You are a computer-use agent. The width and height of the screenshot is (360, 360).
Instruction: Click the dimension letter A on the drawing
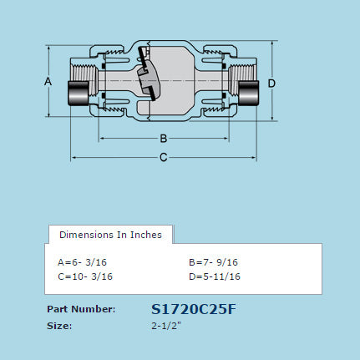[48, 82]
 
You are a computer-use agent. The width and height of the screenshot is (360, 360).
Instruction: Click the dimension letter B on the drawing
[164, 138]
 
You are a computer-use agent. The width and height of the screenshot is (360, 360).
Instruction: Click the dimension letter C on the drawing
[164, 157]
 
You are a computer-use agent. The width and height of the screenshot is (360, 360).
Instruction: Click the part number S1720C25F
[194, 309]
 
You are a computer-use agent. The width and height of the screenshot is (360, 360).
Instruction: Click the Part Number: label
[81, 309]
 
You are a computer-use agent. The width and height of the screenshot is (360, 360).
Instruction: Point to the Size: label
[60, 326]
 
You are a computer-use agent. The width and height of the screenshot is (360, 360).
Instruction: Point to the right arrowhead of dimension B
[226, 138]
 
